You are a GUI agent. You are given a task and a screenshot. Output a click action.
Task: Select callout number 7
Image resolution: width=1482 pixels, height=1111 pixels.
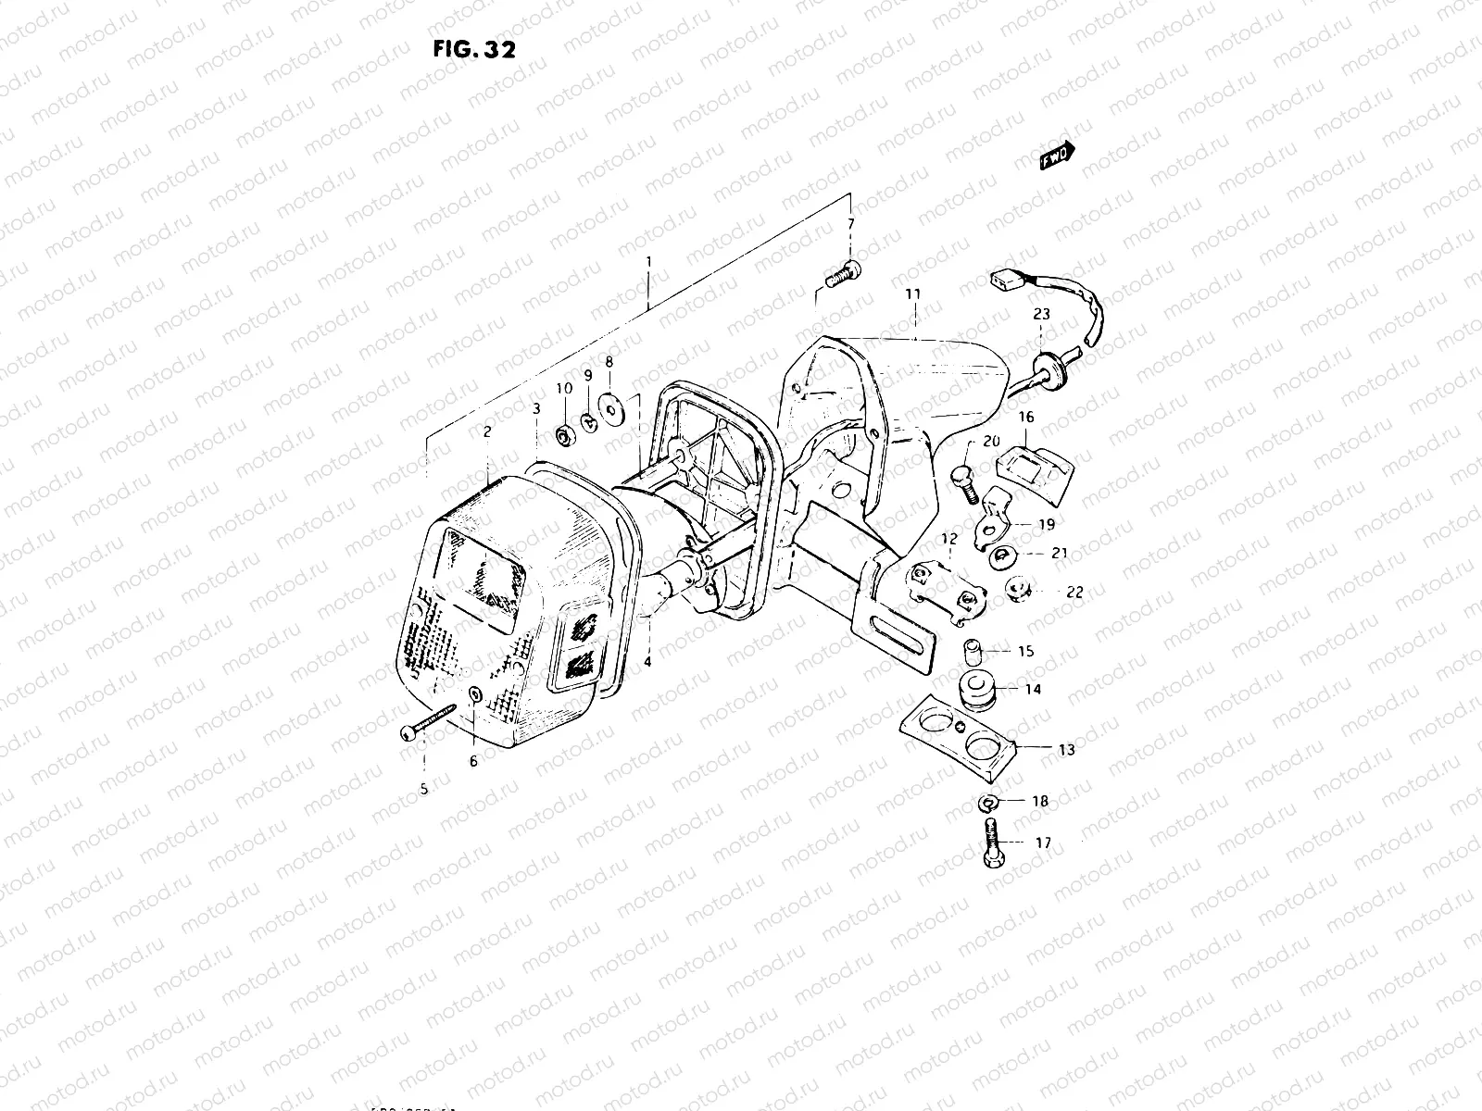[850, 225]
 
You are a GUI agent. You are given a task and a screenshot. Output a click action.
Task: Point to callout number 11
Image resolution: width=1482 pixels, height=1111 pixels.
[913, 294]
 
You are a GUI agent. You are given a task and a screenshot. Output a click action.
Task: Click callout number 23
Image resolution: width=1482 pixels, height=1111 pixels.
[1042, 315]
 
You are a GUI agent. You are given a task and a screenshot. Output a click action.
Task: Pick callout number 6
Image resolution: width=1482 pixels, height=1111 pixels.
[472, 761]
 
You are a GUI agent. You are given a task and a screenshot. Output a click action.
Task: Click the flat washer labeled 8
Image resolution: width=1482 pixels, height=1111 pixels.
[610, 404]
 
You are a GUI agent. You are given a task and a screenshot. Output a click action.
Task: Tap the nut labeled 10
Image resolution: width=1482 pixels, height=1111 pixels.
[563, 434]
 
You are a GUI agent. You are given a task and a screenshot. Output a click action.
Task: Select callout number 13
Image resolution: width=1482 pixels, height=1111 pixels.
[1067, 750]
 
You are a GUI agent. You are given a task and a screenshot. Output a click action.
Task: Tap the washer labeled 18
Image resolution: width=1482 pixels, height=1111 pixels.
[987, 801]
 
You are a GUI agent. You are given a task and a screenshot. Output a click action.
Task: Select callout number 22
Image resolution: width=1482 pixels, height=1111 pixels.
[1074, 593]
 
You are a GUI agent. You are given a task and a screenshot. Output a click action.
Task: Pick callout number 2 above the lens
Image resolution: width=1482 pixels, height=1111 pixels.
[487, 431]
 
